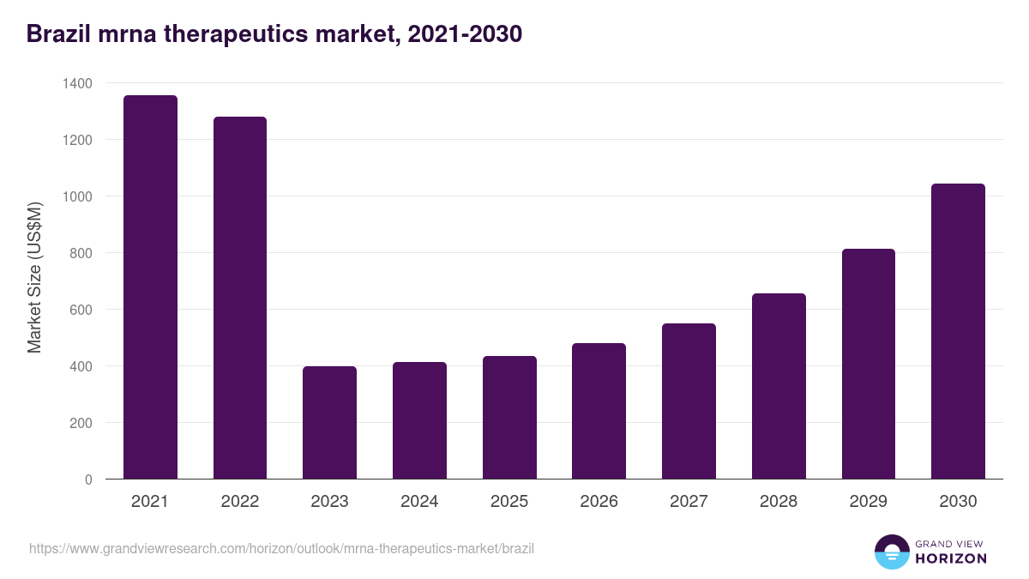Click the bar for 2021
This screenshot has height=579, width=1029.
[x=150, y=287]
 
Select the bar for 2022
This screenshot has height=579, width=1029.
[x=240, y=298]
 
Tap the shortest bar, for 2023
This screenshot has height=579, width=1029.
[x=329, y=423]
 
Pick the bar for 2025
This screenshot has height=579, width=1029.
[x=509, y=418]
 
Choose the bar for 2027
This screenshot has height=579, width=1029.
[x=689, y=401]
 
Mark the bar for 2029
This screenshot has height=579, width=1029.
[x=868, y=364]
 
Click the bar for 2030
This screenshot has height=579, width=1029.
[x=958, y=331]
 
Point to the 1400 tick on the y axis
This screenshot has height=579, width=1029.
[x=77, y=83]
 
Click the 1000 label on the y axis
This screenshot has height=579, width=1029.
[x=77, y=196]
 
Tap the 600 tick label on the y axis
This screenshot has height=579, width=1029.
[x=81, y=310]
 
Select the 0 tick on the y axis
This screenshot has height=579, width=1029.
[x=88, y=479]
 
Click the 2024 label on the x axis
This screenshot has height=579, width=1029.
[x=419, y=502]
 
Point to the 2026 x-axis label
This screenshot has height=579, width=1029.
[x=599, y=502]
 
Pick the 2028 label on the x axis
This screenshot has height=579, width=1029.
[x=779, y=502]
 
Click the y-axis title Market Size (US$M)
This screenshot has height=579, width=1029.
[x=34, y=277]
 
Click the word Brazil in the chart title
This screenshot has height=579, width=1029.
[x=57, y=34]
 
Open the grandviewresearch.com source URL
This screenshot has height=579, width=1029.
[x=281, y=548]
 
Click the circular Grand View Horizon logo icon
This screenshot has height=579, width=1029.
[x=892, y=552]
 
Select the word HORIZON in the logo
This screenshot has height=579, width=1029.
[x=951, y=558]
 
